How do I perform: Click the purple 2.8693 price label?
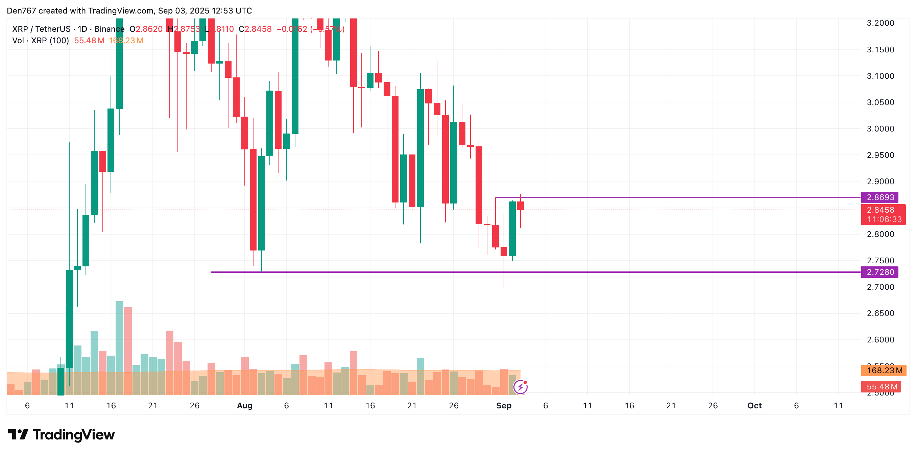(x=880, y=197)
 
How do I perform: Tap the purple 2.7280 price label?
(x=880, y=272)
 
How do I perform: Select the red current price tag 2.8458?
(x=881, y=210)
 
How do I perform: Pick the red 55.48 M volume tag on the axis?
(x=882, y=387)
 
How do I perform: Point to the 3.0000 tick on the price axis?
(x=881, y=129)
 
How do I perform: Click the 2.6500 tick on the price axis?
(x=881, y=313)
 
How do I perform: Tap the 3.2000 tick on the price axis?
(x=881, y=23)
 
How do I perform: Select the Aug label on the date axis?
(x=245, y=406)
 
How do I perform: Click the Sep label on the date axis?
(x=504, y=406)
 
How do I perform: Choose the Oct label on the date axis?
(x=754, y=406)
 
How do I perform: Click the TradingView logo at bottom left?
(x=61, y=435)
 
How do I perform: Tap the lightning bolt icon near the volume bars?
(x=521, y=387)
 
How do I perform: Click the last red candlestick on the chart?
(x=521, y=206)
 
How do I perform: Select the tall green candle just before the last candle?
(x=512, y=229)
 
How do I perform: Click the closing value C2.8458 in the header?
(x=255, y=29)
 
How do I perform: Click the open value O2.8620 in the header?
(x=146, y=29)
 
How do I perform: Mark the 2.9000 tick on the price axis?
(x=881, y=182)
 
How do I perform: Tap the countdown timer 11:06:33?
(x=884, y=219)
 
